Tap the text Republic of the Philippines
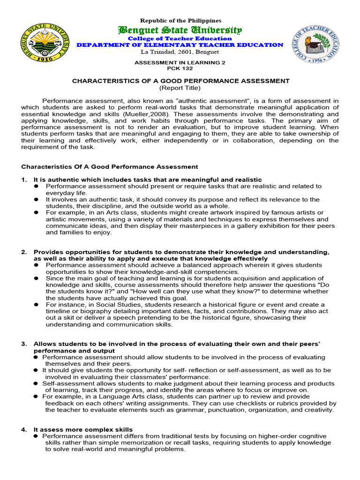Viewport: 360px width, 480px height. [x=180, y=21]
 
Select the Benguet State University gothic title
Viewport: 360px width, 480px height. [x=180, y=30]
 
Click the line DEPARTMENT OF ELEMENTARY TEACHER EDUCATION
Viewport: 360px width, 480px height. [x=180, y=45]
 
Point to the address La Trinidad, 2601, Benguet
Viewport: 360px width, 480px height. [x=180, y=52]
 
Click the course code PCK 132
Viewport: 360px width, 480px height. [x=180, y=68]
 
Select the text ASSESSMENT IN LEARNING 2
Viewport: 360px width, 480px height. [x=180, y=62]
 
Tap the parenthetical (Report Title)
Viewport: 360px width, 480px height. [x=180, y=88]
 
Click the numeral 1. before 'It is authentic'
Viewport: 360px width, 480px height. [x=24, y=180]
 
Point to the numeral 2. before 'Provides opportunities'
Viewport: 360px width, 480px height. [x=24, y=252]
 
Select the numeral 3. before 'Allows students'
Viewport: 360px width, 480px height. [x=24, y=344]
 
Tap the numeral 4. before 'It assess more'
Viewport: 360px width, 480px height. [x=24, y=429]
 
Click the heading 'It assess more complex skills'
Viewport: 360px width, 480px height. [x=83, y=429]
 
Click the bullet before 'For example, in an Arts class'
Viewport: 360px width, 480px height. [x=36, y=213]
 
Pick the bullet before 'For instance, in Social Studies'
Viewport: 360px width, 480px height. [x=36, y=305]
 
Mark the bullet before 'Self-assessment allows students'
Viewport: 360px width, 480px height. [x=36, y=383]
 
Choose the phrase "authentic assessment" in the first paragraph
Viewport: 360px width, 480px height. [x=211, y=101]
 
